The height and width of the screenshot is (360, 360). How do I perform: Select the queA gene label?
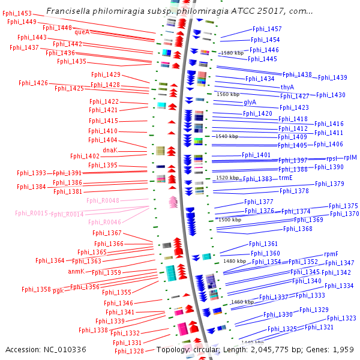(x=82, y=32)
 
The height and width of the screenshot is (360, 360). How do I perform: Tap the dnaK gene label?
(x=110, y=150)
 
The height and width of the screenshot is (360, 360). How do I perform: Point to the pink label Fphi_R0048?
(x=103, y=200)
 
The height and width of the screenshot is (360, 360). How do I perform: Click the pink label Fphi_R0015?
(x=31, y=213)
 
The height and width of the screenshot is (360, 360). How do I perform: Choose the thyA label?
(x=287, y=87)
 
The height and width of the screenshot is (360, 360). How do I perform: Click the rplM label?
(x=350, y=157)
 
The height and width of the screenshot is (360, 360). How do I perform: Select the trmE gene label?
(x=285, y=178)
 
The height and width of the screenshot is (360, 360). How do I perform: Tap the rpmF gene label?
(x=331, y=254)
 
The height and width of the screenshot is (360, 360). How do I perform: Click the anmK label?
(x=76, y=271)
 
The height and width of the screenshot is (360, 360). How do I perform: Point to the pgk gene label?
(x=58, y=290)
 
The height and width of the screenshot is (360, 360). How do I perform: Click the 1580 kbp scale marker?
(x=232, y=53)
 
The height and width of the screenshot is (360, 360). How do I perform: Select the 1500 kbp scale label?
(x=229, y=220)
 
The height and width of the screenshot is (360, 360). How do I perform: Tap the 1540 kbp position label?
(x=227, y=136)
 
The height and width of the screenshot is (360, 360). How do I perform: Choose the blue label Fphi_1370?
(x=344, y=214)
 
